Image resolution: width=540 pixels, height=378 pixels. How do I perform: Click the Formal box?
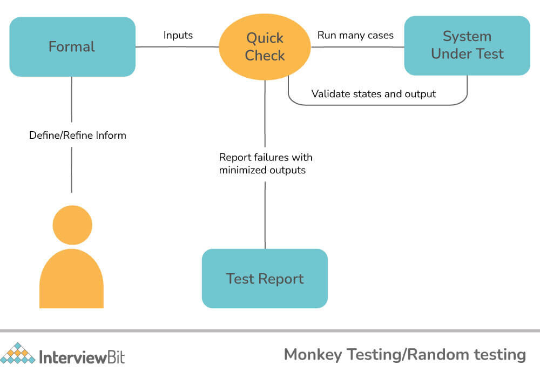72,47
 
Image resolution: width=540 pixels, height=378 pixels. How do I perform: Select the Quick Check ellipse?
265,47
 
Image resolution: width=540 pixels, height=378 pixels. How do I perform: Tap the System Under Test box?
467,45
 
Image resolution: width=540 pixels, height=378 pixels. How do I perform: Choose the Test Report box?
265,279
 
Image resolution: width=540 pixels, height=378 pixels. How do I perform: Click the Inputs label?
178,35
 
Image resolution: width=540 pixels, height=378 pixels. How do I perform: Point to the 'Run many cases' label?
355,35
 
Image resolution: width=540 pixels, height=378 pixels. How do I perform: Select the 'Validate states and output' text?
374,93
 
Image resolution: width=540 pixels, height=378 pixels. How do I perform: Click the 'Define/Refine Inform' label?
77,135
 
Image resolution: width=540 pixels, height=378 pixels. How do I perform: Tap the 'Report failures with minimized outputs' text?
266,164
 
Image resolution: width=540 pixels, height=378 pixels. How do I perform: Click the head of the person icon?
72,225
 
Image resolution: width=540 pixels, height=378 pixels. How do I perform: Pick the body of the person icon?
72,279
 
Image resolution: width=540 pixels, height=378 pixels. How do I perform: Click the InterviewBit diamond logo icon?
18,353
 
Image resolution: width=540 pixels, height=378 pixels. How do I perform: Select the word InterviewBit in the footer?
82,357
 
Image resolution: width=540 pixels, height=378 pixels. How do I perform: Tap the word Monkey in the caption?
313,355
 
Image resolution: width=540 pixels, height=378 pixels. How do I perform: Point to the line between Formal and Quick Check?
177,46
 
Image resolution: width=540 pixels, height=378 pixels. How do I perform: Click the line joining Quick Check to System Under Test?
357,47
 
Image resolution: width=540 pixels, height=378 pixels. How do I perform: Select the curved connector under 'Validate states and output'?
377,105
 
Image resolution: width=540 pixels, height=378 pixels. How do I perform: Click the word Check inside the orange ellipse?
265,56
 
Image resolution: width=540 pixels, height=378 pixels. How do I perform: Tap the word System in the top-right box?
467,37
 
